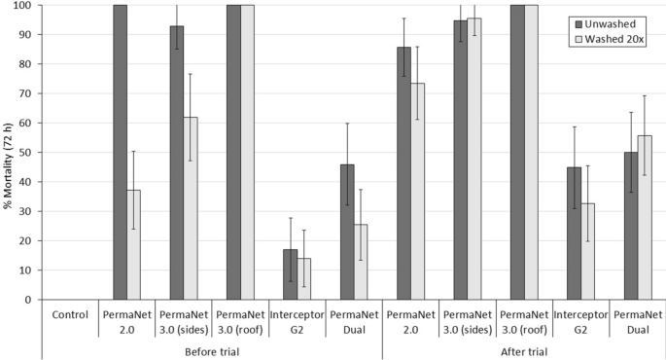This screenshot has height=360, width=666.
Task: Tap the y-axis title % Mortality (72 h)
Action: point(9,153)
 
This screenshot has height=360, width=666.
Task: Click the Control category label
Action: point(69,316)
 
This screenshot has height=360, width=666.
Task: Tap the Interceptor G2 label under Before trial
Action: point(297,322)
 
